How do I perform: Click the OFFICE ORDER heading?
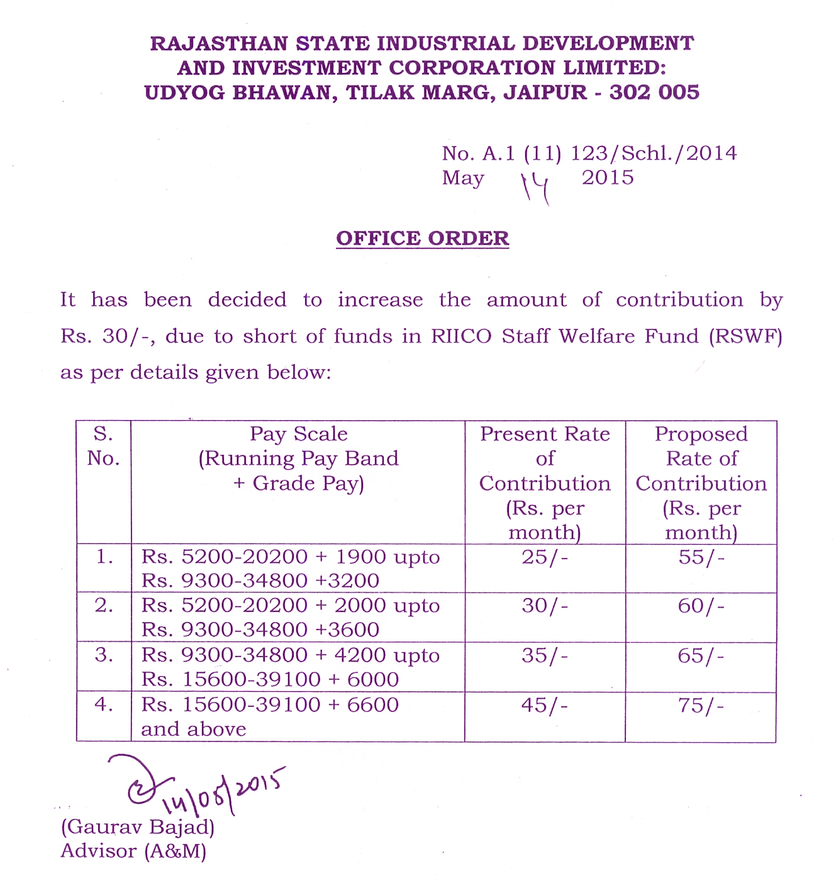[422, 238]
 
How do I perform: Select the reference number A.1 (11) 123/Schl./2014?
[610, 153]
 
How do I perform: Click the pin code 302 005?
[654, 92]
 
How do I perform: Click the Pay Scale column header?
[298, 458]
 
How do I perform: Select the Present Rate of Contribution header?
[545, 482]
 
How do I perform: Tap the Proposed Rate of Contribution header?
[701, 482]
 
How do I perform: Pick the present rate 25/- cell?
[545, 557]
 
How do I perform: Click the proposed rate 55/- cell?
[701, 557]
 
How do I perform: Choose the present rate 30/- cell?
[545, 606]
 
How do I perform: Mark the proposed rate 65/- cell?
[701, 656]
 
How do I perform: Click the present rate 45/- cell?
[545, 705]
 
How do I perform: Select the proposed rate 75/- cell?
[701, 706]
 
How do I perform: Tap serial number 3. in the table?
[104, 655]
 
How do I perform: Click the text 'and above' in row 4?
[194, 730]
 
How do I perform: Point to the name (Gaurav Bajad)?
[138, 826]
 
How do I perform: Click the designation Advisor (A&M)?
[133, 851]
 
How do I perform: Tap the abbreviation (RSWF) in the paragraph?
[745, 336]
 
